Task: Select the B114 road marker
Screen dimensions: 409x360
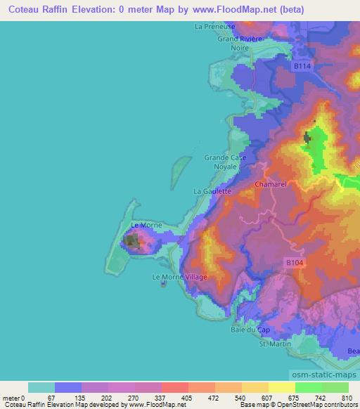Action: pos(302,65)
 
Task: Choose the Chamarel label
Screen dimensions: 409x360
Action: pos(268,185)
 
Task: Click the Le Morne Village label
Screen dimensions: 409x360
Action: pos(179,277)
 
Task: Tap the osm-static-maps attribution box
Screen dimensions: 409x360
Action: pos(323,372)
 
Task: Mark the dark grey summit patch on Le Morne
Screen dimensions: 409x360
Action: pos(131,241)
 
